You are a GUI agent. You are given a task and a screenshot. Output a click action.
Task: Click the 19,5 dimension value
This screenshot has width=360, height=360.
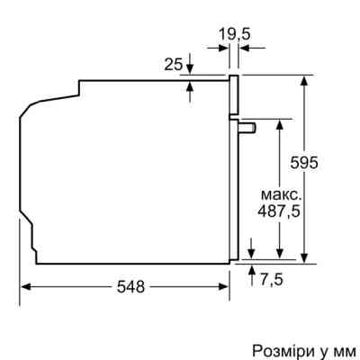click(234, 35)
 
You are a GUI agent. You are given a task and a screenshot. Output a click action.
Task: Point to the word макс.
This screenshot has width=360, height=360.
click(279, 195)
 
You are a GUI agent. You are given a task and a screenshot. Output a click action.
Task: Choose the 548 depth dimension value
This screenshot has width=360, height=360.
click(131, 287)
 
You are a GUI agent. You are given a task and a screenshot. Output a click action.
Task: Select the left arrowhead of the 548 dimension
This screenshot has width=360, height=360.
click(26, 287)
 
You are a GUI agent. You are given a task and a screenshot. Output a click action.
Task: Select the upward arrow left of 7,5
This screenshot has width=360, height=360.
click(251, 270)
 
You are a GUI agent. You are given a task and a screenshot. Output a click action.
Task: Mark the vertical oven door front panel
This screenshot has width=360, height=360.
click(234, 171)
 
